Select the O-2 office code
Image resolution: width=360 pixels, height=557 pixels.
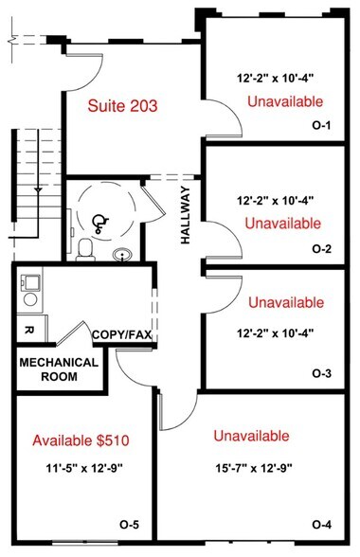[321, 250]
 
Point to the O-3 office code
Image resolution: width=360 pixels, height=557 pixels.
[321, 374]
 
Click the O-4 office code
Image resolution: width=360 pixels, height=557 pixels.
[321, 525]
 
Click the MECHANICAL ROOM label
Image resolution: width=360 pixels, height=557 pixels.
[59, 369]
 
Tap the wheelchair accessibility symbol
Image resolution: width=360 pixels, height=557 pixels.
[99, 222]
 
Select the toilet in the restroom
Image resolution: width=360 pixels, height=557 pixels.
[85, 249]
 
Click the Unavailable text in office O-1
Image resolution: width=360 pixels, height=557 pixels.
[284, 101]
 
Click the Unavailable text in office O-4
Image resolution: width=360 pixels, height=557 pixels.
[252, 436]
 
